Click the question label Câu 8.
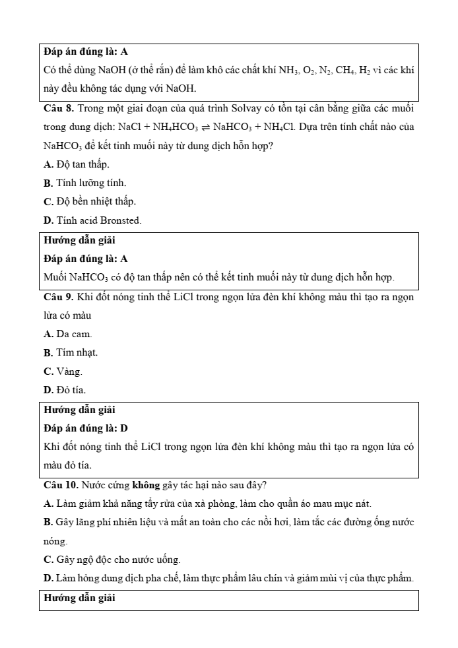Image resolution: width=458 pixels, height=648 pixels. click(x=60, y=108)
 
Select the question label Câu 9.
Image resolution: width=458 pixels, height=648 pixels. click(x=60, y=297)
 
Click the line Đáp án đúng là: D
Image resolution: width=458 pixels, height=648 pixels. click(x=86, y=428)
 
